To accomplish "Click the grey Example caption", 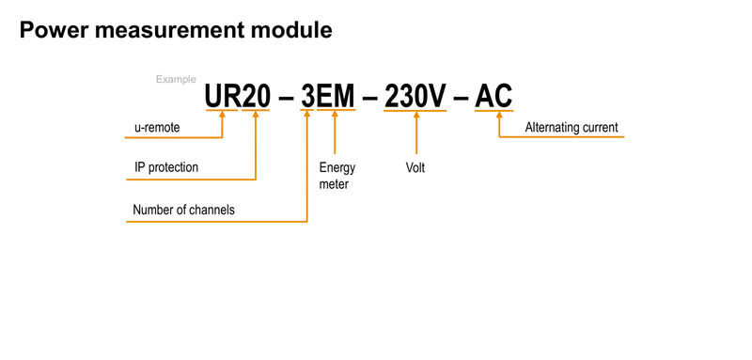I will (176, 80).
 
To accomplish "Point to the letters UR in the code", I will (223, 96).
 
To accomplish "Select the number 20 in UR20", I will (257, 96).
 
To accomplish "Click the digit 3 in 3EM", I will (307, 96).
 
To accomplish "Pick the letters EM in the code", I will (337, 96).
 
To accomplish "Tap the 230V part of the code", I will (415, 96).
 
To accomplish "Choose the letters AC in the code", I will (494, 96).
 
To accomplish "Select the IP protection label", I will (166, 168).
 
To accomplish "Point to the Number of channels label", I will (183, 210).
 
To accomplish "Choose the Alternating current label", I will (572, 128).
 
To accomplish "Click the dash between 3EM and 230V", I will (370, 97).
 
